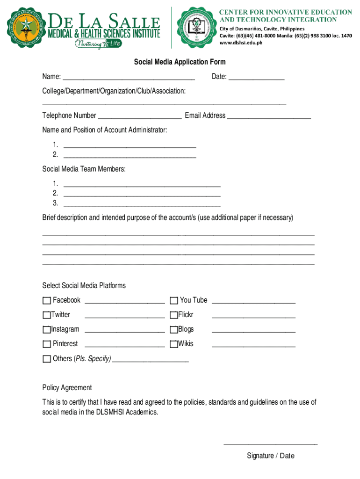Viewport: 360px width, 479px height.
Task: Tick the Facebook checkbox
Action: coord(46,300)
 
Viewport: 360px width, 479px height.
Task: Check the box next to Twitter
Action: coord(46,315)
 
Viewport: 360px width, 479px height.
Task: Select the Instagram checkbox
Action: coord(46,329)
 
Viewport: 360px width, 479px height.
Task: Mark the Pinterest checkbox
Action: coord(46,344)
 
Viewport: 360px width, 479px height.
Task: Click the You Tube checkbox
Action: coord(173,300)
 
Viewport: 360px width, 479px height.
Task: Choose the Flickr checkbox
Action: coord(173,315)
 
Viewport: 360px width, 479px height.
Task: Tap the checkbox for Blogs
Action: coord(173,329)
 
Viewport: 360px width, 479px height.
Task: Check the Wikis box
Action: coord(173,344)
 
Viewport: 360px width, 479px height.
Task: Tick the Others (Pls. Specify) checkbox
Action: coord(46,359)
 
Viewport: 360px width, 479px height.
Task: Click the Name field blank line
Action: coord(129,77)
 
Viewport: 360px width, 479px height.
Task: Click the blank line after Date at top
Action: coord(256,77)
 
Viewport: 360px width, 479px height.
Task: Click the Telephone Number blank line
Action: coord(140,116)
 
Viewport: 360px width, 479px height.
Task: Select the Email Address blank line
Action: coord(269,116)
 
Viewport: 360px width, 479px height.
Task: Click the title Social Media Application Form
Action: coord(180,62)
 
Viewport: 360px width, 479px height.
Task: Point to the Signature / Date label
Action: coord(271,456)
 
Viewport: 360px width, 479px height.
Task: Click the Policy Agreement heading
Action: coord(67,387)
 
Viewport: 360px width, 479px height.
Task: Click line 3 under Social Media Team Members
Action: coord(142,203)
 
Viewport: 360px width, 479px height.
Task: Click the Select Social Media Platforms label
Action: coord(84,285)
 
